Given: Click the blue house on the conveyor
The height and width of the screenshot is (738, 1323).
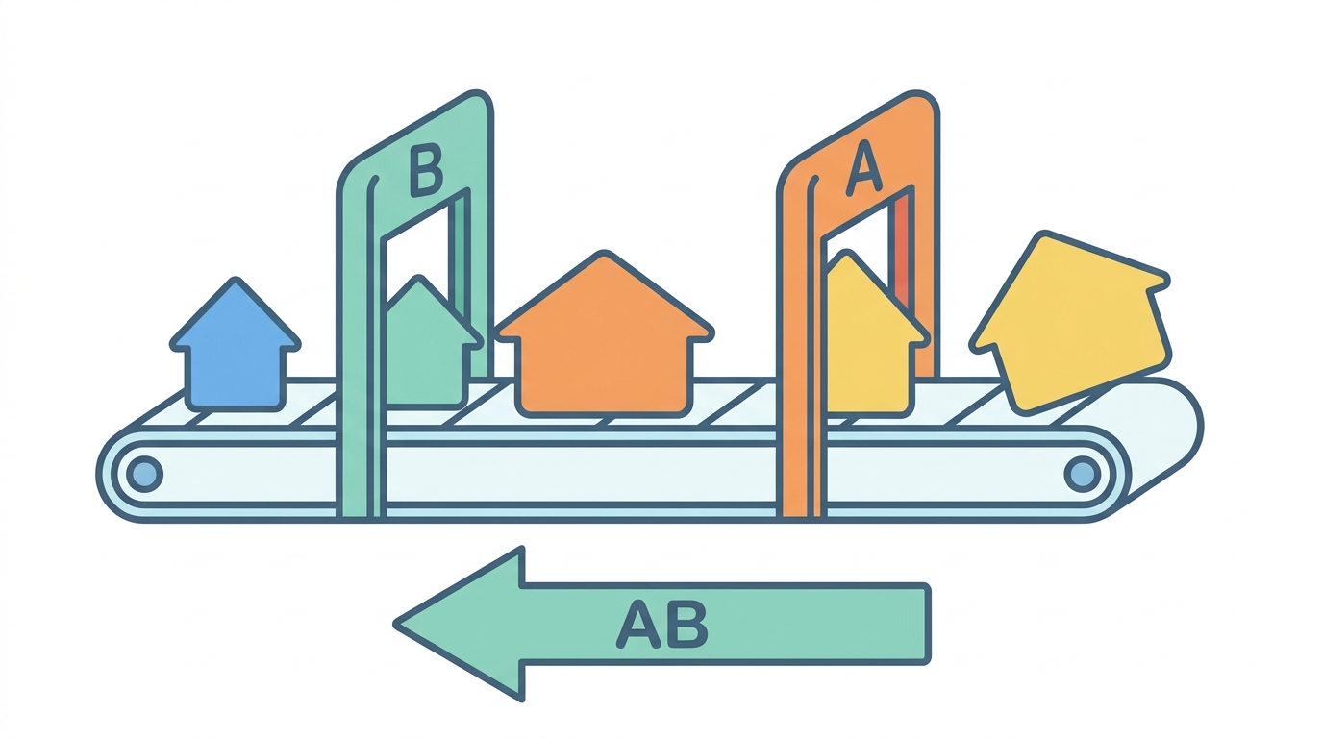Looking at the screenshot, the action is pyautogui.click(x=236, y=348).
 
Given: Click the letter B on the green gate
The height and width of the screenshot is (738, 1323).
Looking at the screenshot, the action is pyautogui.click(x=426, y=171).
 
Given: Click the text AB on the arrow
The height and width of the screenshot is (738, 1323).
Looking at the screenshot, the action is pyautogui.click(x=661, y=624).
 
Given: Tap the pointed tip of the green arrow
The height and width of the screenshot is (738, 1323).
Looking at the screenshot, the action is pyautogui.click(x=394, y=624).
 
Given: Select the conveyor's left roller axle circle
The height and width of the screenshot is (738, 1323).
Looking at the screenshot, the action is pyautogui.click(x=144, y=474).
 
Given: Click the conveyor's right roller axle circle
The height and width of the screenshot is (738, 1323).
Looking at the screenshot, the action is pyautogui.click(x=1082, y=474).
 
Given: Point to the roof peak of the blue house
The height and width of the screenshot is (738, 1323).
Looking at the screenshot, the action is pyautogui.click(x=237, y=278).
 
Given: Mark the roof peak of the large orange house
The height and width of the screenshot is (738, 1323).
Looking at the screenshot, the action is pyautogui.click(x=604, y=252).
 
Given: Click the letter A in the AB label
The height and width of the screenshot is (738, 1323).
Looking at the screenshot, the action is pyautogui.click(x=637, y=624).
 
